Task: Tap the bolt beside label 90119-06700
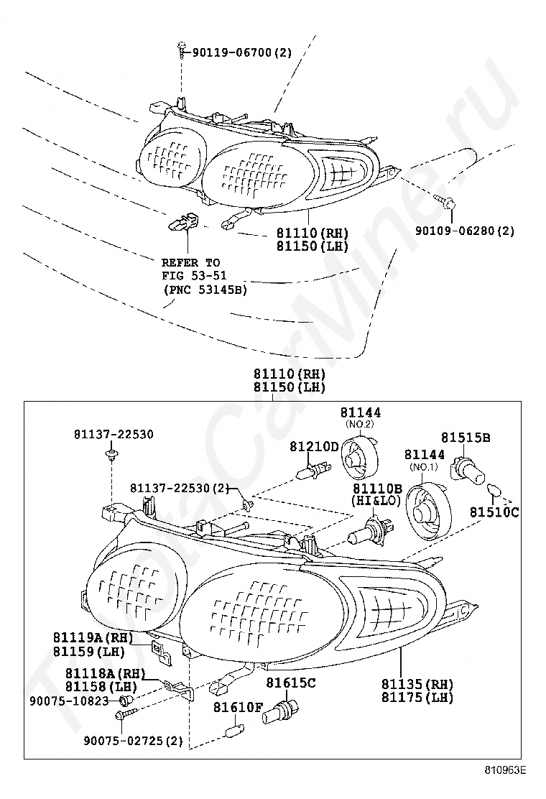pyautogui.click(x=182, y=51)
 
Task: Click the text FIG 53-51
pyautogui.click(x=194, y=276)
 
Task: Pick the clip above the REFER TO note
pyautogui.click(x=183, y=221)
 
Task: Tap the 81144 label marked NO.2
pyautogui.click(x=361, y=412)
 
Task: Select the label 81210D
pyautogui.click(x=314, y=446)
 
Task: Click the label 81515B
pyautogui.click(x=466, y=437)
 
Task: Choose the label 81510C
pyautogui.click(x=494, y=512)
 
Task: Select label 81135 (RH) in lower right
pyautogui.click(x=417, y=684)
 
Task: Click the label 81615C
pyautogui.click(x=291, y=683)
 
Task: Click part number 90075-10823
pyautogui.click(x=70, y=701)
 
